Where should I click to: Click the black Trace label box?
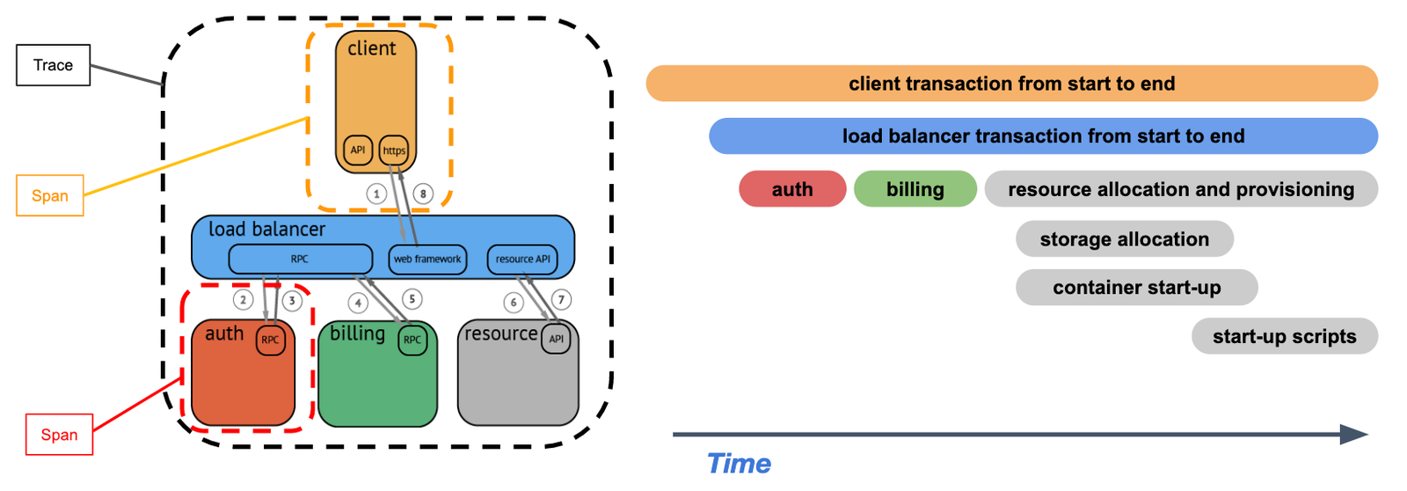coord(53,65)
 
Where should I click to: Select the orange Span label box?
coord(50,195)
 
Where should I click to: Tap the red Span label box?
coord(59,435)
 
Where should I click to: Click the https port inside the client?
coord(394,150)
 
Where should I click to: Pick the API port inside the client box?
coord(358,150)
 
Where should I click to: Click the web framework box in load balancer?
coord(427,259)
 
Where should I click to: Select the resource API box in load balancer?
coord(522,259)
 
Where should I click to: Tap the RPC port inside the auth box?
coord(270,340)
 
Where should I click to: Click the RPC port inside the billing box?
coord(412,340)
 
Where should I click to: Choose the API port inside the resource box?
coord(556,339)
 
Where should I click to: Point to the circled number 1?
coord(376,194)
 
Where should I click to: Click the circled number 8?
coord(423,194)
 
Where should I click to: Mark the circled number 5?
coord(412,299)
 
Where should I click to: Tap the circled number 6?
coord(514,303)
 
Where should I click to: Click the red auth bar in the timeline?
coord(792,189)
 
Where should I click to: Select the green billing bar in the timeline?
coord(915,189)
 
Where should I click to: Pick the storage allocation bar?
coord(1124,239)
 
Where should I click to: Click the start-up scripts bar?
coord(1284,336)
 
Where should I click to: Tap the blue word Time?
coord(739,464)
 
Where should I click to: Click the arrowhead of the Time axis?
coord(1354,434)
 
